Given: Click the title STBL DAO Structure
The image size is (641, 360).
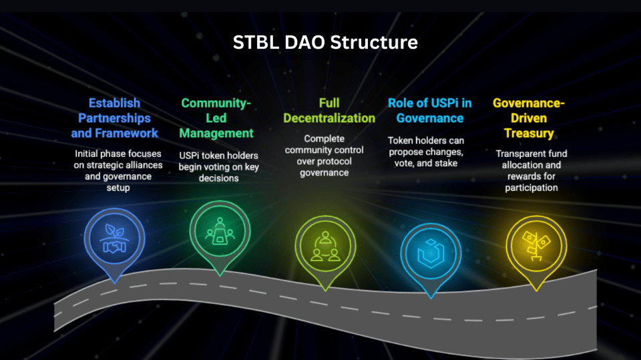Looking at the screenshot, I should (325, 43).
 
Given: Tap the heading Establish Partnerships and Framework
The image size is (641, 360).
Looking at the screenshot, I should (115, 118).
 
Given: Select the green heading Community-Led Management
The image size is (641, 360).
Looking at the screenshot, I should (216, 118).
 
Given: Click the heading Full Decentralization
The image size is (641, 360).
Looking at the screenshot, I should (329, 111).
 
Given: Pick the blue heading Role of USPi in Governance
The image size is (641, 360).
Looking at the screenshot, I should (430, 111).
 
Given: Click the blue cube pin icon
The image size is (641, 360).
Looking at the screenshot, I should (431, 253).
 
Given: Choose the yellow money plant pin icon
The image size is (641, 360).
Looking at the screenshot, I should (536, 239).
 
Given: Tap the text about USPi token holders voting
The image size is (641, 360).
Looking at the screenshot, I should (218, 167).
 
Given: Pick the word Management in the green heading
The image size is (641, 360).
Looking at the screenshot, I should (216, 134).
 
